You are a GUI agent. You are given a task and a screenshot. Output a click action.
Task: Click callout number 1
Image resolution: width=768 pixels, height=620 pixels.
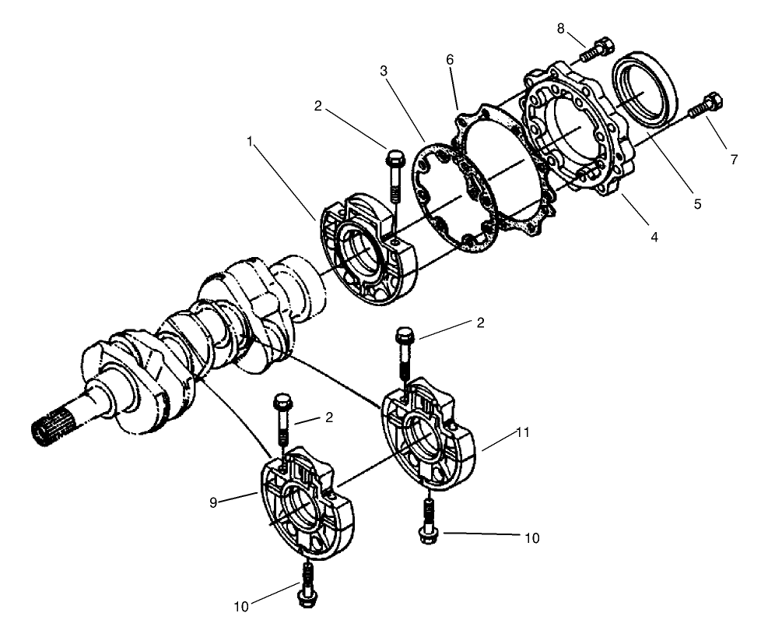pyautogui.click(x=250, y=143)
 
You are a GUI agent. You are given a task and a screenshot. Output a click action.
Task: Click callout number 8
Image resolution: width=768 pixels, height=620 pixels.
pyautogui.click(x=561, y=29)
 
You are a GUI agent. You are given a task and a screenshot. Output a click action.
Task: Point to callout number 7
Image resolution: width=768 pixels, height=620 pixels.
pyautogui.click(x=732, y=159)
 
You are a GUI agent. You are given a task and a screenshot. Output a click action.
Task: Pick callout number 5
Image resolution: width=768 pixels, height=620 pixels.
pyautogui.click(x=697, y=204)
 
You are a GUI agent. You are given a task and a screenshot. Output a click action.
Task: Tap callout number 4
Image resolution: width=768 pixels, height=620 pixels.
pyautogui.click(x=654, y=235)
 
